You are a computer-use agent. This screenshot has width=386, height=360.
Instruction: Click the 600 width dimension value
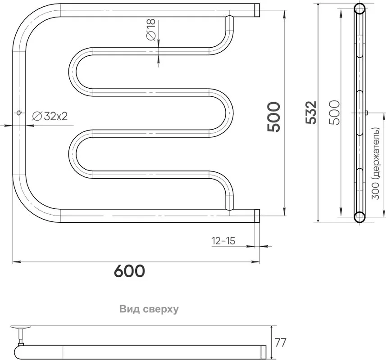pos(129,271)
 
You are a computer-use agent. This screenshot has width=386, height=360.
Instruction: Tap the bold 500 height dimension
pos(274,117)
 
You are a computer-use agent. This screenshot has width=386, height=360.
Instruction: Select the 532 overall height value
pos(311,112)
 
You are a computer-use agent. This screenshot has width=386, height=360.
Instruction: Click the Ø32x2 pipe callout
pos(50,116)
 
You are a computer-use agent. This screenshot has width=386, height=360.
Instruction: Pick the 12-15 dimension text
pos(223,241)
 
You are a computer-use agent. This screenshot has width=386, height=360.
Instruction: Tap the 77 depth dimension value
pos(281,342)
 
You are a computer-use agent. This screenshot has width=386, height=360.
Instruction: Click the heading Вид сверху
pos(149,309)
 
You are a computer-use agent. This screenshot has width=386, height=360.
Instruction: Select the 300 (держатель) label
pos(376,163)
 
